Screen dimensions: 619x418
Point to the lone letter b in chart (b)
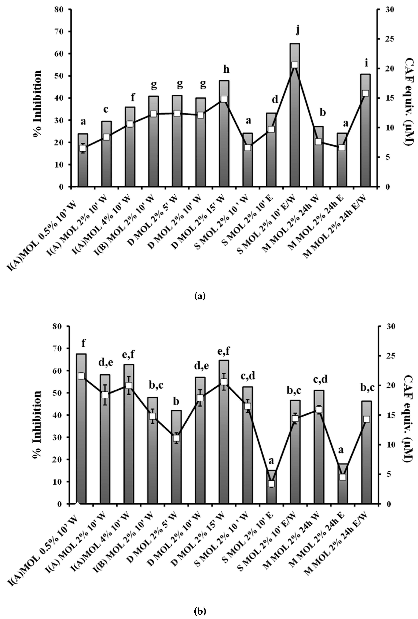pos(176,402)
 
